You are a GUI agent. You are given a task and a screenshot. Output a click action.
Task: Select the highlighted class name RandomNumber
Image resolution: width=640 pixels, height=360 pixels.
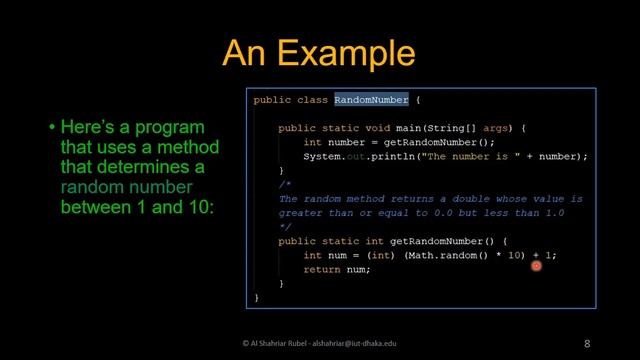click(371, 100)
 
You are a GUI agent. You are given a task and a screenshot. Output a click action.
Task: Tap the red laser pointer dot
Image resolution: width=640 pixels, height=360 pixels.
click(537, 265)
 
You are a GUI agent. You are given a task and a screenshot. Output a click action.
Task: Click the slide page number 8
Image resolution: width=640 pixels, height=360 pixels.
click(587, 343)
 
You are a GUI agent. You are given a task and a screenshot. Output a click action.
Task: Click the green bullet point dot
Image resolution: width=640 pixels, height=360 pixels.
click(52, 129)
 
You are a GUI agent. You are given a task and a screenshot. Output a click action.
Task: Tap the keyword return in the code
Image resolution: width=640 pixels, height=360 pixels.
click(322, 269)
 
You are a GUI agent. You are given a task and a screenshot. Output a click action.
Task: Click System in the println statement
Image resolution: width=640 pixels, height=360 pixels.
click(322, 157)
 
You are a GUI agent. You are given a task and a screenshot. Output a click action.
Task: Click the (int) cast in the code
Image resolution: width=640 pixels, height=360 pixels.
click(381, 255)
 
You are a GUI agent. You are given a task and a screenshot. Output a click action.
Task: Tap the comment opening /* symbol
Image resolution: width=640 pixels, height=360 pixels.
click(284, 185)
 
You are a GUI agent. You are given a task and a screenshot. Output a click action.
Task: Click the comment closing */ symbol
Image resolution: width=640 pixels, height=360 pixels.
click(284, 227)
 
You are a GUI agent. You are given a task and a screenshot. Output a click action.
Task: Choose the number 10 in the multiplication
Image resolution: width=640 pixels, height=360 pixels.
click(516, 255)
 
